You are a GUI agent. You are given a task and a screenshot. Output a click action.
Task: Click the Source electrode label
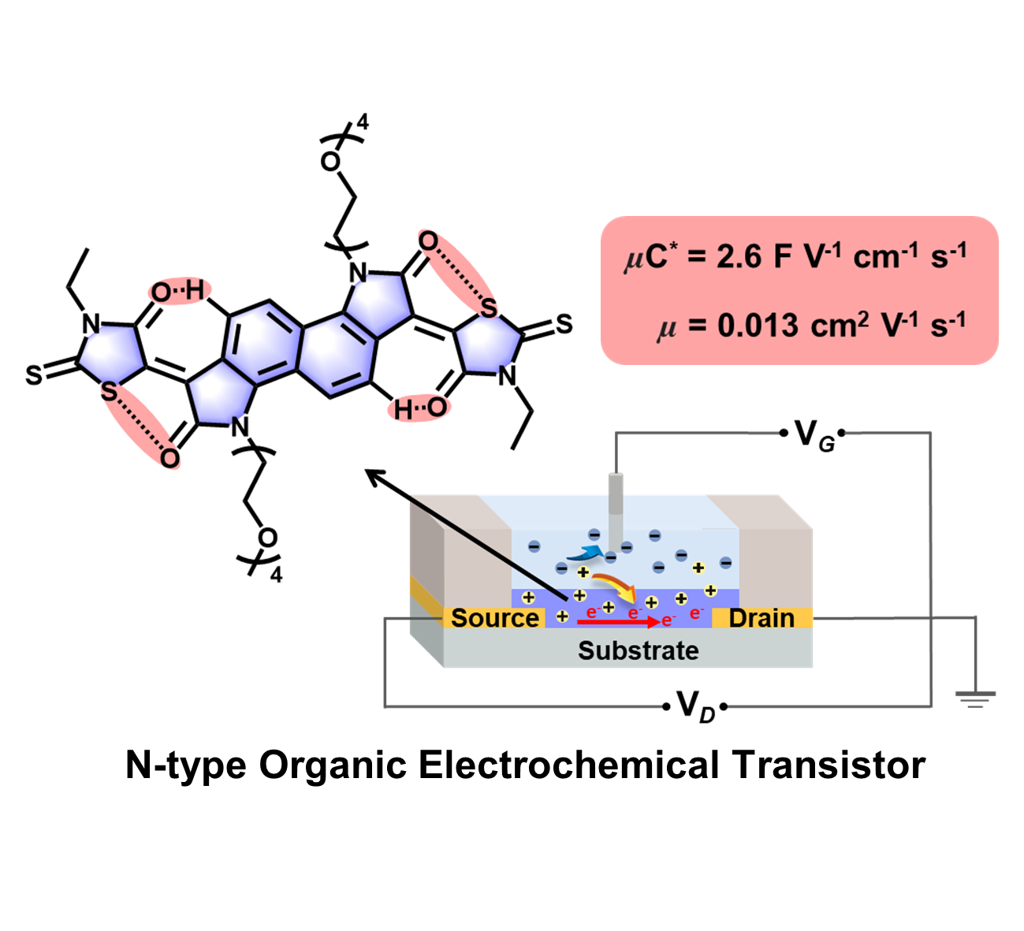point(495,618)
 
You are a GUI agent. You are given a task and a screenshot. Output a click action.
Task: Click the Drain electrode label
point(761,618)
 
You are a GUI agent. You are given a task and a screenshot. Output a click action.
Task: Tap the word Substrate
point(638,651)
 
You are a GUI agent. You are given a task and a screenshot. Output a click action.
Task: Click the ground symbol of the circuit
point(976,698)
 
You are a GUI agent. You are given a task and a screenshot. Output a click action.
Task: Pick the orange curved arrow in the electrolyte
point(615,586)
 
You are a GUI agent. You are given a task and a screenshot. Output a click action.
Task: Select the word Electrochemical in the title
point(568,765)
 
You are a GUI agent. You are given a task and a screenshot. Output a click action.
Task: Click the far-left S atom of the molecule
point(33,375)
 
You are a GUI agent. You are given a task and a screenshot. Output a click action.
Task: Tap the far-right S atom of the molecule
point(564,324)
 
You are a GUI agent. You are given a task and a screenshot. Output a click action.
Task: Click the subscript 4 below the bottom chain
point(276,575)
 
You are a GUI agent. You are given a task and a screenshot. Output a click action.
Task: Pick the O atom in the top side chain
point(330,162)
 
